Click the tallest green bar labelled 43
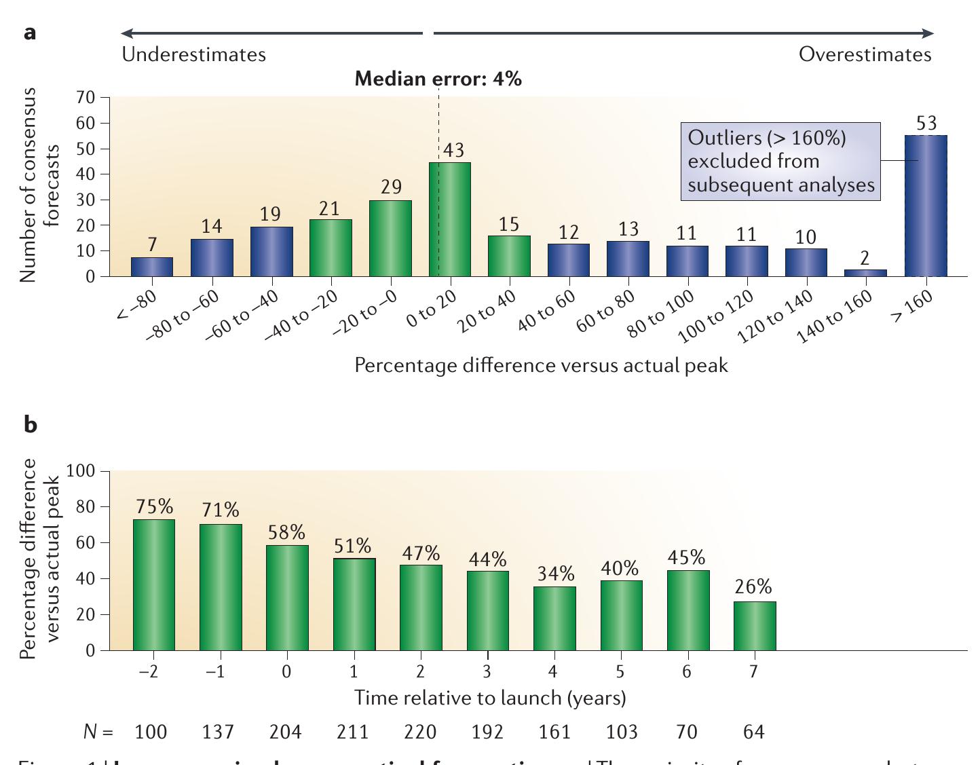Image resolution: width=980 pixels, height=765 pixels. (450, 219)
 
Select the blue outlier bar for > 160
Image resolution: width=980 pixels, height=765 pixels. (926, 206)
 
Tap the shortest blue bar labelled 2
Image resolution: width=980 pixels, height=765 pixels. (865, 273)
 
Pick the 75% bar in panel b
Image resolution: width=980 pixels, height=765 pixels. (154, 584)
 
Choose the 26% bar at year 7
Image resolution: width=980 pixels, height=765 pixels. (754, 626)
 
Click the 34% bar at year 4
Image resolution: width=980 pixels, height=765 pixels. (554, 618)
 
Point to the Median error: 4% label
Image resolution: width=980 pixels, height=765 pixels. (438, 79)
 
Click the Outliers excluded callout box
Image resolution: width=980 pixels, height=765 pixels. (780, 162)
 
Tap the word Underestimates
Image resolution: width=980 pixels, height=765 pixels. (193, 54)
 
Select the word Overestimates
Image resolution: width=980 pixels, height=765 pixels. (865, 54)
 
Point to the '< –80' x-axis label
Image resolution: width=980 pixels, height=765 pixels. (137, 303)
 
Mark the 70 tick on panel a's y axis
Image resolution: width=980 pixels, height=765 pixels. (86, 98)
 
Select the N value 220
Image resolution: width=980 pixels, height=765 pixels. (420, 732)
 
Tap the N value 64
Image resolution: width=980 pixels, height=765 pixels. (753, 732)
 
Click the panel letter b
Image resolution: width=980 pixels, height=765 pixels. (30, 424)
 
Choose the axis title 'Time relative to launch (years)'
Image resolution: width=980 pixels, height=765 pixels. (489, 698)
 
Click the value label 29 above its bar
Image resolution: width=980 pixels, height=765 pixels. (391, 187)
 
